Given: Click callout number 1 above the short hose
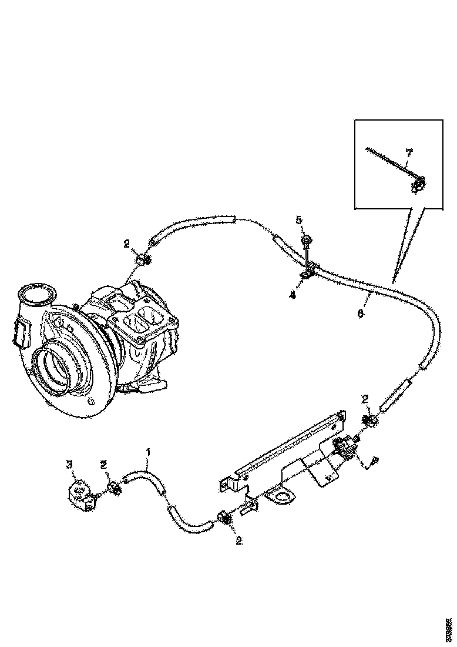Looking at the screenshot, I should click(x=148, y=452).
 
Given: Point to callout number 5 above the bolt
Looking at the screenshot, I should click(x=300, y=220).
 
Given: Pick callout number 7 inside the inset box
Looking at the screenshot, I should click(x=409, y=154).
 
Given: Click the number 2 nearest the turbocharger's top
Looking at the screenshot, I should click(x=127, y=244).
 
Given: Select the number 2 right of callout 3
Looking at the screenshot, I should click(x=103, y=465).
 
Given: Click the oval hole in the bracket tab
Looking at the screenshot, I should click(x=283, y=498).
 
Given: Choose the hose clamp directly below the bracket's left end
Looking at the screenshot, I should click(x=223, y=518).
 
